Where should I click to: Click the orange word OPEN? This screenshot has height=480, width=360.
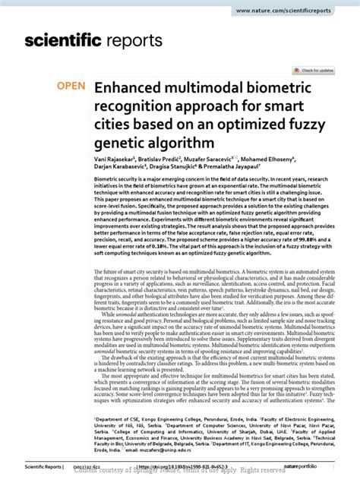72,86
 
